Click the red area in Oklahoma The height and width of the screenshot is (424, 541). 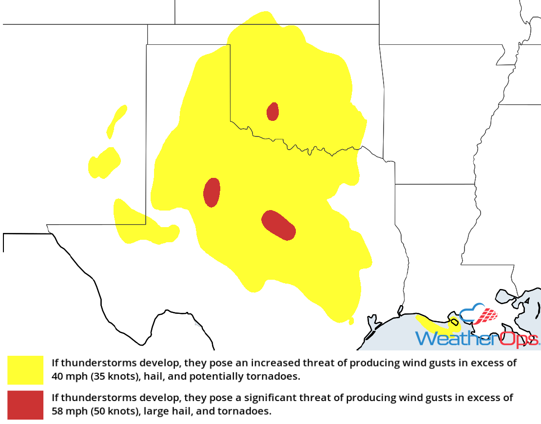tap(272, 112)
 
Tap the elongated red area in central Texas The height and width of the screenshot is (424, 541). tap(278, 225)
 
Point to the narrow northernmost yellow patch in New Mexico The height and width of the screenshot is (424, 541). tap(117, 120)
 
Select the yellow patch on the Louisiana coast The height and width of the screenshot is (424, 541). tap(434, 324)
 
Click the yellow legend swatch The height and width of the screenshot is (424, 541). tap(25, 370)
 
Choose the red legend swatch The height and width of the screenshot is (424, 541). tap(25, 405)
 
